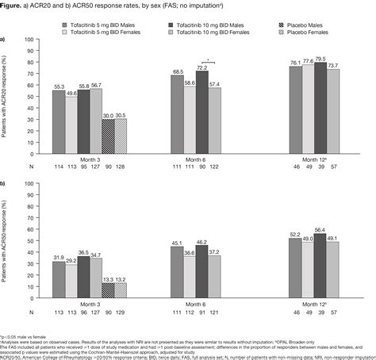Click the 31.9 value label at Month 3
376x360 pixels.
[59, 257]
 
